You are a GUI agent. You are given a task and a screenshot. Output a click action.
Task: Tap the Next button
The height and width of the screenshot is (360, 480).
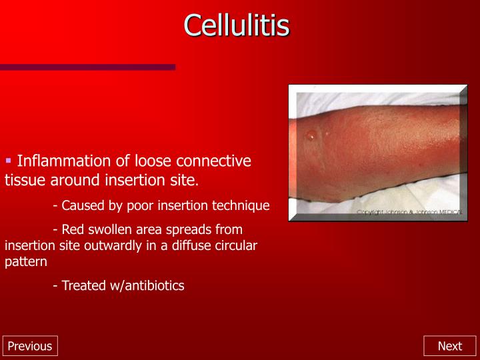click(449, 346)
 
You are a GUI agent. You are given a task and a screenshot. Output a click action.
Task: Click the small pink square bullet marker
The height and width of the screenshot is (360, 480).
click(9, 161)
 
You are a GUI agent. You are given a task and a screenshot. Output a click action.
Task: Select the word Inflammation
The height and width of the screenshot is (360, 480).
click(63, 161)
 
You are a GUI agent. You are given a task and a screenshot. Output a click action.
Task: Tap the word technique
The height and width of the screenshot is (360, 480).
click(241, 205)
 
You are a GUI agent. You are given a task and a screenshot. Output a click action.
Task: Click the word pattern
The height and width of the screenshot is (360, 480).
click(26, 261)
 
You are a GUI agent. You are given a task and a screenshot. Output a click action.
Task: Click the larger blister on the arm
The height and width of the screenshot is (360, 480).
click(311, 136)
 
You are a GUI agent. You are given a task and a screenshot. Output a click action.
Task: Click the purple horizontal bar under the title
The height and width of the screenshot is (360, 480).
click(87, 67)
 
